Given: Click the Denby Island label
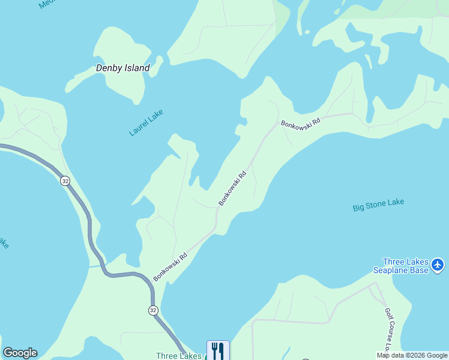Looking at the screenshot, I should tap(122, 68).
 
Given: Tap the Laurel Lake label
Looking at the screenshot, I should tap(146, 122).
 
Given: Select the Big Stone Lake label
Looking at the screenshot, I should tap(378, 205).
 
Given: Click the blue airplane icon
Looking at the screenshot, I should tap(438, 265).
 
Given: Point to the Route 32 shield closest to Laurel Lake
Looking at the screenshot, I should tap(65, 181).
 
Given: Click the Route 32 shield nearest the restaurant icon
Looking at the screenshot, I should tap(153, 310).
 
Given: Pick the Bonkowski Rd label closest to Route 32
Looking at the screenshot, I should tap(170, 267).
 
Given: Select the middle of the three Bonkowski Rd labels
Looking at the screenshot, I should tap(232, 188).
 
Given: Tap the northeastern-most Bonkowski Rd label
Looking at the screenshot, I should tap(301, 122).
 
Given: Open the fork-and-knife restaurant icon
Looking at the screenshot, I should tap(218, 350).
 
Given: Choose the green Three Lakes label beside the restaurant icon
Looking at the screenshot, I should tap(179, 356).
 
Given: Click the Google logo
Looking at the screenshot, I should tap(20, 353).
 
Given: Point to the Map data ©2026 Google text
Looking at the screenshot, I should tap(412, 355).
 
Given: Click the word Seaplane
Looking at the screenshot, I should tap(393, 270).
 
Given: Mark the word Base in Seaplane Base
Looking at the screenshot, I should tap(420, 270).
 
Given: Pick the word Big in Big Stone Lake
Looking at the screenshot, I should tap(359, 208).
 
